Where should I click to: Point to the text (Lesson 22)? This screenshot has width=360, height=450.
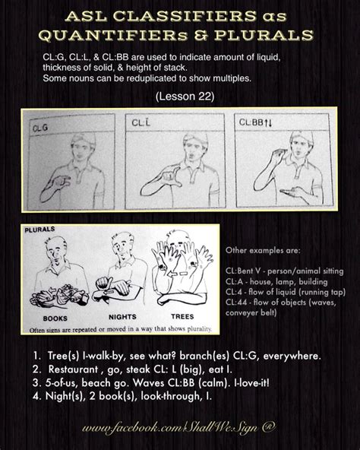point(178,97)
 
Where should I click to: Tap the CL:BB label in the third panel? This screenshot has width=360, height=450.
point(250,122)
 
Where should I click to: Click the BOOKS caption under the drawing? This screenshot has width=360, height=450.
point(46,317)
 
